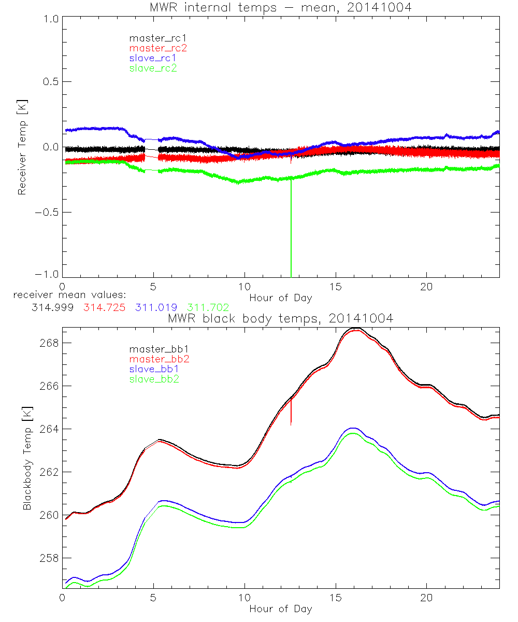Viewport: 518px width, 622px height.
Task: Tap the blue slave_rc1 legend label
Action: tap(153, 58)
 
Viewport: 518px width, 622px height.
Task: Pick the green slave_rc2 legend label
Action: tap(153, 68)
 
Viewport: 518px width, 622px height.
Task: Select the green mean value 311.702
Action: tap(208, 307)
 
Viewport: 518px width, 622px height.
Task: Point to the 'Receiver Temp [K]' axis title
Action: tap(22, 147)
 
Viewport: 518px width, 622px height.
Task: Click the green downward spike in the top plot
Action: tap(291, 233)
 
